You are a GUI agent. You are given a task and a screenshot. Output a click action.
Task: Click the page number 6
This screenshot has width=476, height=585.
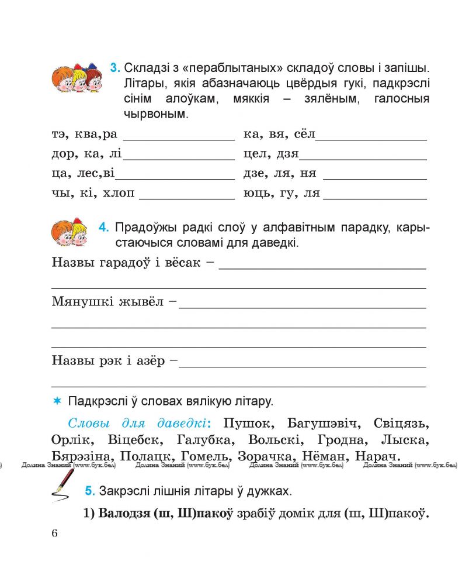pyautogui.click(x=55, y=533)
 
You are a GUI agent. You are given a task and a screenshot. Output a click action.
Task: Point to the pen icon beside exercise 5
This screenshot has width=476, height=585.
pyautogui.click(x=62, y=484)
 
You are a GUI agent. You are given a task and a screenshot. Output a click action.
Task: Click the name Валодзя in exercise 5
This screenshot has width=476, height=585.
pyautogui.click(x=121, y=515)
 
